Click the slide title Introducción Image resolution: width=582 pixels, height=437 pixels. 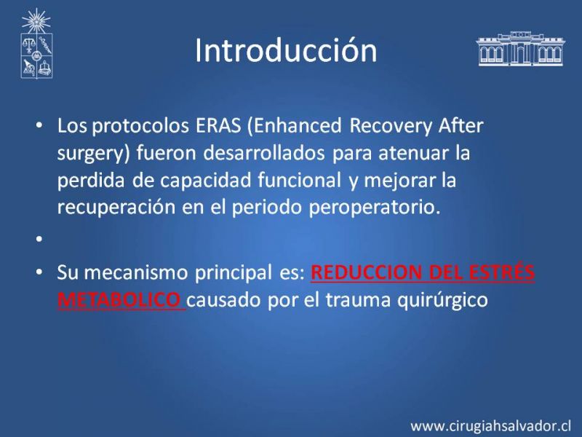[x=286, y=50]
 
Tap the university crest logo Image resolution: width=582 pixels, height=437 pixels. [x=36, y=44]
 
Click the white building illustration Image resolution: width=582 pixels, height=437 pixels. [x=520, y=49]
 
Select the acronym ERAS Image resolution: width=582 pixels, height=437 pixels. [x=218, y=125]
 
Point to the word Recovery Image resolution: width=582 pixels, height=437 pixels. [x=391, y=126]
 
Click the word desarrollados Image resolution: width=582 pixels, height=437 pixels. [x=264, y=153]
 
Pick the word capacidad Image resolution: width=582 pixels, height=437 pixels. [x=206, y=181]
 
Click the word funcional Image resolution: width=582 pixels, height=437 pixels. [x=299, y=180]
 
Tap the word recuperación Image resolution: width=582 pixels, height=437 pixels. [x=116, y=208]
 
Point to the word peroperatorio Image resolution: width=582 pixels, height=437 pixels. [x=375, y=208]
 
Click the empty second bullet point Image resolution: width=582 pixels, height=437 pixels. [x=39, y=239]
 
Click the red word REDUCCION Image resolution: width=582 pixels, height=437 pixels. [x=367, y=272]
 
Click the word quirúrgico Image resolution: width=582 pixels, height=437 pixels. [x=442, y=300]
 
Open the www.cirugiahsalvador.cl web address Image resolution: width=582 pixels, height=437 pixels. [x=490, y=426]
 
